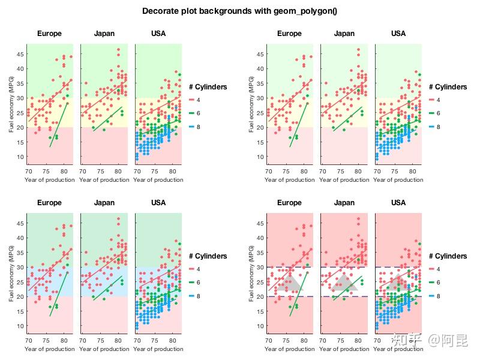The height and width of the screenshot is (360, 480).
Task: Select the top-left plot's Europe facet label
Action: [49, 34]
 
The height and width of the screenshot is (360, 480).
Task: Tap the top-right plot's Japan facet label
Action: [344, 34]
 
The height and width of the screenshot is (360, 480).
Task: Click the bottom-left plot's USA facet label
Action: [158, 203]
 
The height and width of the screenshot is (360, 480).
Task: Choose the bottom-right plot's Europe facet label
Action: [289, 203]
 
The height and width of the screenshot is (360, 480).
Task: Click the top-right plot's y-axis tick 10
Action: [259, 157]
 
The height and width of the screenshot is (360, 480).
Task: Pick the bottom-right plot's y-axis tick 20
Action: [259, 297]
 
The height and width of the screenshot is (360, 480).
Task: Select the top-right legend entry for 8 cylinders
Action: [438, 127]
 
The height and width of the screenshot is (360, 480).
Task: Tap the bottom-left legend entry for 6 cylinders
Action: [198, 283]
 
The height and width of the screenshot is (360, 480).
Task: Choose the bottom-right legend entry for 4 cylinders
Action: [438, 269]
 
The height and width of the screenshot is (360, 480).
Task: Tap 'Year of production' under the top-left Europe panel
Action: [50, 179]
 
